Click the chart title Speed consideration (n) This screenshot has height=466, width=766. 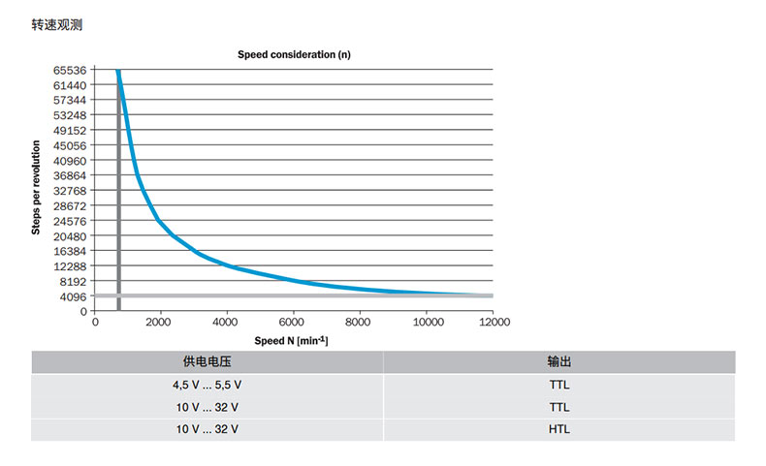(294, 55)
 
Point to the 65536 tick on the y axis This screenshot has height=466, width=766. (70, 70)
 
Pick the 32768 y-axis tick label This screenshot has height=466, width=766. (70, 191)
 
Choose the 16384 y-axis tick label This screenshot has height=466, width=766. (70, 251)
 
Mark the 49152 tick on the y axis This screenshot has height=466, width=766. (70, 130)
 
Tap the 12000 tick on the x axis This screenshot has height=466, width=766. (493, 322)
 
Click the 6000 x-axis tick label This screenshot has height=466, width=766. (294, 322)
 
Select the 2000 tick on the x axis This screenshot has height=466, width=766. (161, 322)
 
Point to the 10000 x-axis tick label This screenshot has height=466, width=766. (427, 322)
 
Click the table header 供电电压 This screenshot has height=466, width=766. (207, 361)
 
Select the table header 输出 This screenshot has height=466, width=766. (559, 361)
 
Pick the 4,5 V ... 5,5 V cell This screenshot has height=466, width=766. (207, 385)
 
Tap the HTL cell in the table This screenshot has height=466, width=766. (559, 429)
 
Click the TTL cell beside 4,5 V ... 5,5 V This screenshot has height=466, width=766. (559, 385)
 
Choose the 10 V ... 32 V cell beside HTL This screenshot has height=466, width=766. (207, 429)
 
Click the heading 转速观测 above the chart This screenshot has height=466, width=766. (57, 25)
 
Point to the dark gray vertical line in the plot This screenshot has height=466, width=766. (118, 194)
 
